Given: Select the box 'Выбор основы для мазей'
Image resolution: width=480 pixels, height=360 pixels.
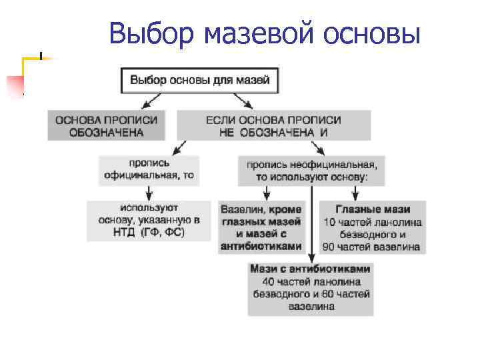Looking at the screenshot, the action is point(199,80).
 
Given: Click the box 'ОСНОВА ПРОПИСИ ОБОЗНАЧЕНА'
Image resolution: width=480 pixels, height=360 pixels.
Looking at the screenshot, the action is point(106,125).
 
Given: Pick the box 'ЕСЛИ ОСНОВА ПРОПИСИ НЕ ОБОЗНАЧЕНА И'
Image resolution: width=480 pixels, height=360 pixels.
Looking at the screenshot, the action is point(273,125).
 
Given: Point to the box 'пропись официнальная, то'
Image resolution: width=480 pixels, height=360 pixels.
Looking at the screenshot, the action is point(149,169).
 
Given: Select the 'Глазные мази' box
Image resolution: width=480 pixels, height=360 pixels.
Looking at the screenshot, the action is point(372,227).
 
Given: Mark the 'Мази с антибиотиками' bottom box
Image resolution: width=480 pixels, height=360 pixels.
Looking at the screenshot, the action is point(310,289).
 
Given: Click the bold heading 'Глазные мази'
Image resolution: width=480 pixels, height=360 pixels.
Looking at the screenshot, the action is point(372,209).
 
